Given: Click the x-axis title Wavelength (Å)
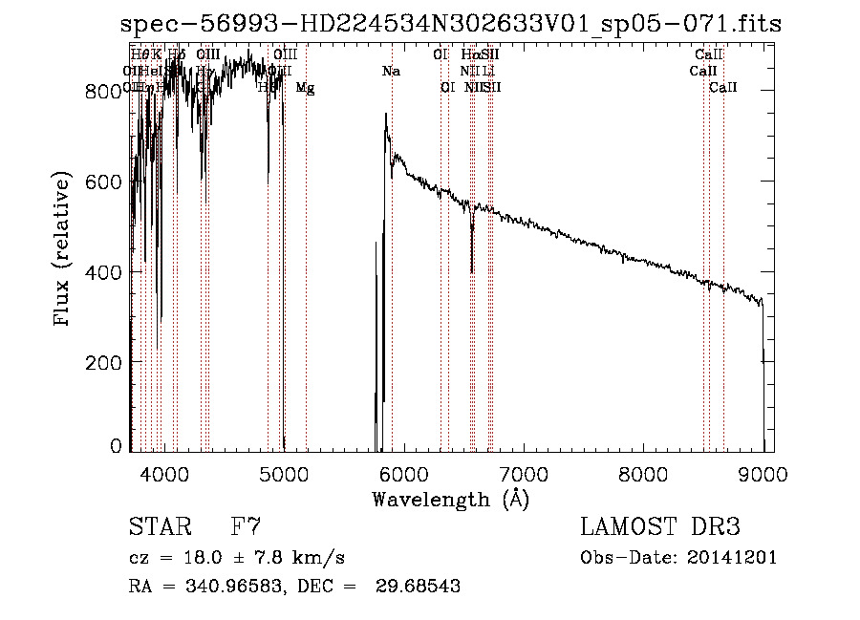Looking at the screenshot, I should (x=450, y=499).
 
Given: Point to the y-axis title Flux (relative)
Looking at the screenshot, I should (x=64, y=250).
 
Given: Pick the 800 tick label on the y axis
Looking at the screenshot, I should (x=99, y=92).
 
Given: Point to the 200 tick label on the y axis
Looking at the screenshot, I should (x=99, y=363).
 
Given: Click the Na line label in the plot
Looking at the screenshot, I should (x=390, y=72).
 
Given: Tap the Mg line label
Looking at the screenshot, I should (x=305, y=88).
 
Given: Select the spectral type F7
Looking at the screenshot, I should (x=246, y=527).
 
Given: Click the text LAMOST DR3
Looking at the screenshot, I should (x=659, y=527).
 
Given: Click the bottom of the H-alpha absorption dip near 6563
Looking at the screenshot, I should (x=472, y=271).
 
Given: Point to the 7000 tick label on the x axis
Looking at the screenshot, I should (x=524, y=472).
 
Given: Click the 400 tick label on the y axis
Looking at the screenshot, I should (x=99, y=272).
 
